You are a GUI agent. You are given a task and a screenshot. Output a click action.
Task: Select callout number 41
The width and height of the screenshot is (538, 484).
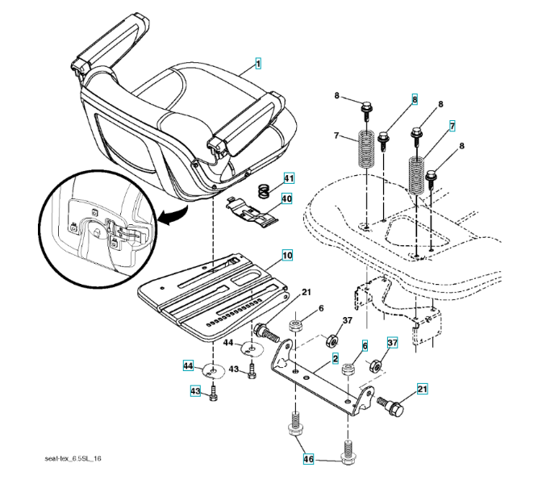[288, 177]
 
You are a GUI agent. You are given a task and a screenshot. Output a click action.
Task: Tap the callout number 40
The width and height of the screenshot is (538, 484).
[288, 197]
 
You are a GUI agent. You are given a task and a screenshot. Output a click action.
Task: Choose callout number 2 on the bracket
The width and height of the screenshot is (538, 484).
[334, 357]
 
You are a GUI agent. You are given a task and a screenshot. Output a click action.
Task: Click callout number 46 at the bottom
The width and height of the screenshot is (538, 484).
[308, 458]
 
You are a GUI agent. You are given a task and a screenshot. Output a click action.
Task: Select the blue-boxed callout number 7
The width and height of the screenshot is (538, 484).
[453, 126]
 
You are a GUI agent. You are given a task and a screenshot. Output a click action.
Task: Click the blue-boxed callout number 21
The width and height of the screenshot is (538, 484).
[420, 390]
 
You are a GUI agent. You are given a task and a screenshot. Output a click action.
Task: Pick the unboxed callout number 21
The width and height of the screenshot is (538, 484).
[306, 292]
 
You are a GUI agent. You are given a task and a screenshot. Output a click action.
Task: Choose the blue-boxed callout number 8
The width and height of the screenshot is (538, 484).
[415, 99]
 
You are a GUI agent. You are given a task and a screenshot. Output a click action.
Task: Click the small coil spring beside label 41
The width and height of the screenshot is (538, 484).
[262, 192]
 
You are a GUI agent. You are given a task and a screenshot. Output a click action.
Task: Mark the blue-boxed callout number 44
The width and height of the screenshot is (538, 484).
[187, 367]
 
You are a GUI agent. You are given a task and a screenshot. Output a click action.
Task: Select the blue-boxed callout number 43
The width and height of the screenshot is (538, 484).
[195, 391]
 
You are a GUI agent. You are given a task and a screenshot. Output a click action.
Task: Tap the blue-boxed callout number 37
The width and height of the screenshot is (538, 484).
[392, 343]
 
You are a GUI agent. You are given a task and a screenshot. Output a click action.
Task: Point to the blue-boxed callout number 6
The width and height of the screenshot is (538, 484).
[364, 345]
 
